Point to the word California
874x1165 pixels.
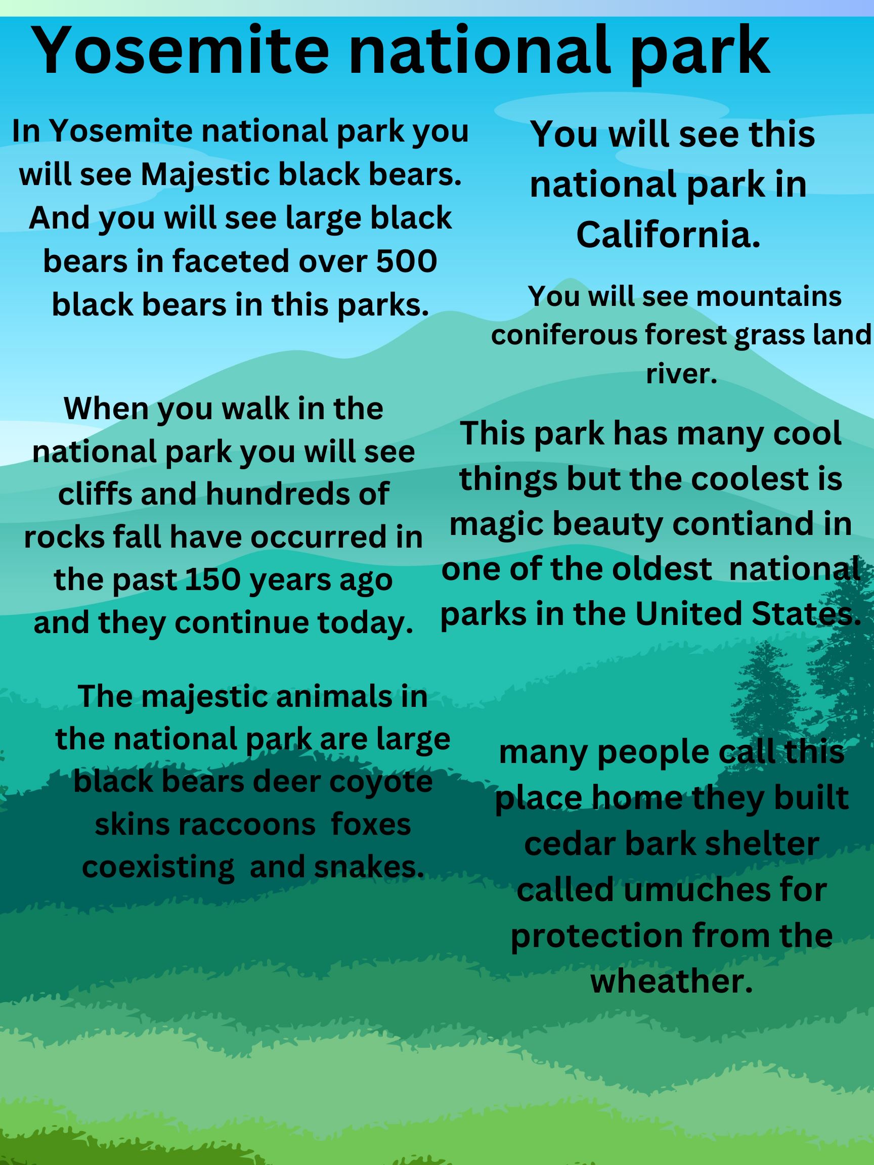click(x=669, y=235)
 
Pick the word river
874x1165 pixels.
click(x=682, y=375)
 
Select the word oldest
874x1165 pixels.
click(x=658, y=569)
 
